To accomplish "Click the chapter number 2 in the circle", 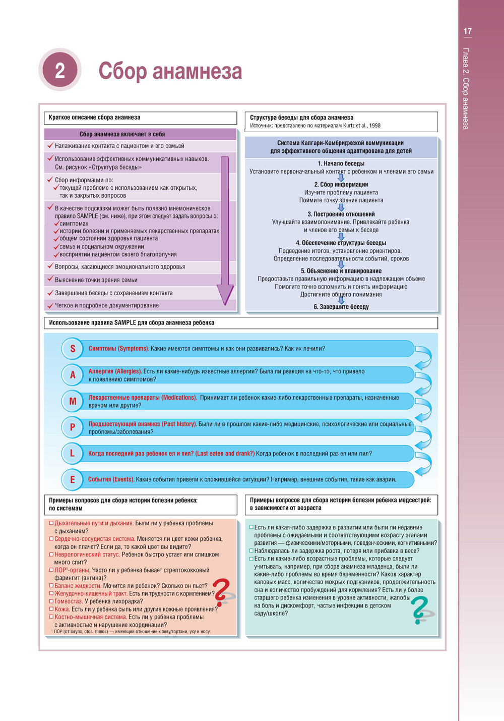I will (x=60, y=70).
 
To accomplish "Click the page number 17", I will (x=467, y=31).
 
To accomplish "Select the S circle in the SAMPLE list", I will (x=73, y=349).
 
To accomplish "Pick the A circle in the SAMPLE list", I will (x=73, y=375).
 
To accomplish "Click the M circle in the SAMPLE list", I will (x=73, y=401).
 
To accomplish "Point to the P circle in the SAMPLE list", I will (x=73, y=427).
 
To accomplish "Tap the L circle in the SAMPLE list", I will (x=73, y=454).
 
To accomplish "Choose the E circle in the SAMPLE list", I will (x=73, y=479).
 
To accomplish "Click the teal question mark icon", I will (x=420, y=609).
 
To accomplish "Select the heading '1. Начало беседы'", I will (x=341, y=163).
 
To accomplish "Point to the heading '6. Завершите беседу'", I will (x=341, y=307).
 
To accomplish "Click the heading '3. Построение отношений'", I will (x=341, y=214).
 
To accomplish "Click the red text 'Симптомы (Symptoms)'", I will (x=118, y=349).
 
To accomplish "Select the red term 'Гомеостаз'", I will (x=69, y=601).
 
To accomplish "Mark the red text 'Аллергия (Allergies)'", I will (x=115, y=371).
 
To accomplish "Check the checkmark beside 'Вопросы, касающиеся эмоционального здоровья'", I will (x=50, y=266).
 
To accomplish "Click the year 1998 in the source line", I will (x=374, y=126).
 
